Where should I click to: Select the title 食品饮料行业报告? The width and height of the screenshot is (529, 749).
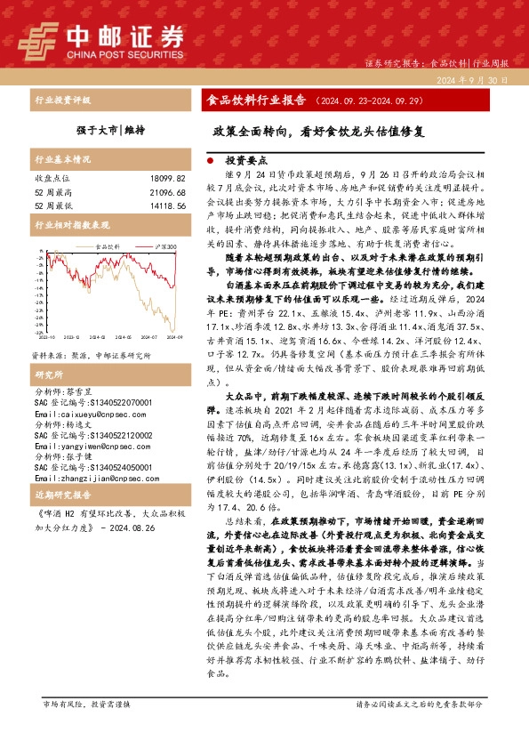click(x=255, y=101)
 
